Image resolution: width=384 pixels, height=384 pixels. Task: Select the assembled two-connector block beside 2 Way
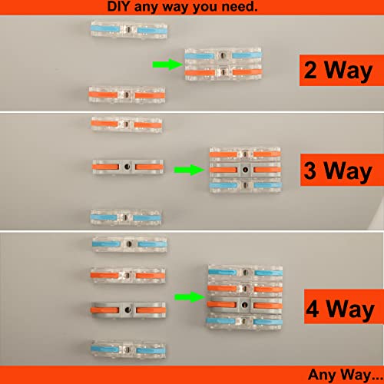pos(220,65)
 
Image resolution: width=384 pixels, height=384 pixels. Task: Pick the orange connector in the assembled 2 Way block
pos(220,73)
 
